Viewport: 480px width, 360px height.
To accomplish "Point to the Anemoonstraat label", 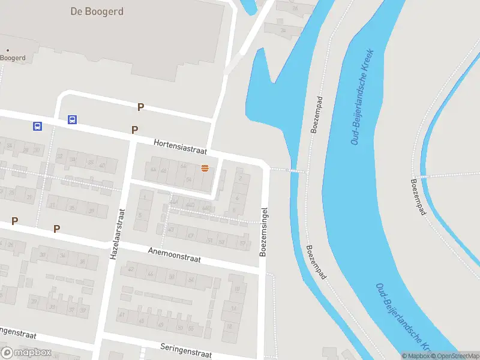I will click(175, 255).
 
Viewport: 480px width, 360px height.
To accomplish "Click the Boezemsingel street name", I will click(263, 232).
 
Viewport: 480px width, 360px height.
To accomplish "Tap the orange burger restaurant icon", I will click(205, 169).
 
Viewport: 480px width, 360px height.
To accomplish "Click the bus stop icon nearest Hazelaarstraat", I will click(72, 119).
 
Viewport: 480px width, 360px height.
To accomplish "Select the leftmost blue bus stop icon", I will click(37, 126).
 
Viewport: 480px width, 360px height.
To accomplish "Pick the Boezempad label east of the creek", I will click(421, 197).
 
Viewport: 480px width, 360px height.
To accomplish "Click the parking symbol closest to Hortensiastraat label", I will click(135, 130).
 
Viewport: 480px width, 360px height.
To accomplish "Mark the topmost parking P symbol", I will click(141, 107).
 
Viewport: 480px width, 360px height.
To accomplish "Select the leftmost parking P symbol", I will click(14, 221).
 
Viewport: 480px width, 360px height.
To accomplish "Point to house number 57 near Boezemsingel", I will click(243, 243).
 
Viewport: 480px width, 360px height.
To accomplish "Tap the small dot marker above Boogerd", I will click(7, 50).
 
